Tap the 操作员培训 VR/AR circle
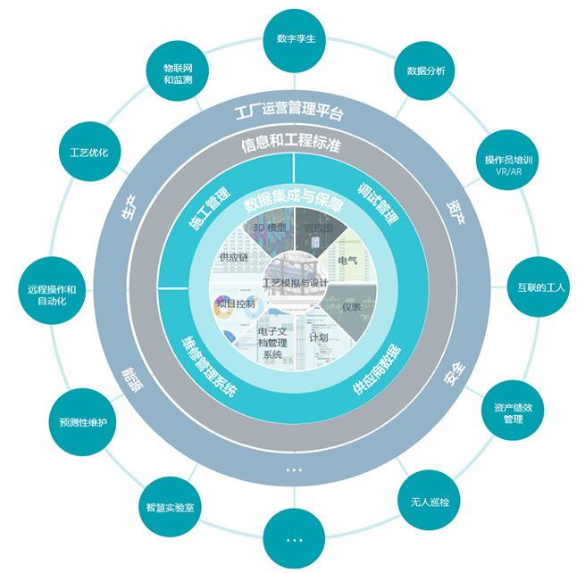click(x=507, y=165)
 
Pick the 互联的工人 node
click(x=537, y=287)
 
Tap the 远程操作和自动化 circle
click(x=49, y=295)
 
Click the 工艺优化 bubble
click(x=88, y=153)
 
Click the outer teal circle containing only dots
click(x=295, y=539)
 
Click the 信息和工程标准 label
click(x=291, y=144)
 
